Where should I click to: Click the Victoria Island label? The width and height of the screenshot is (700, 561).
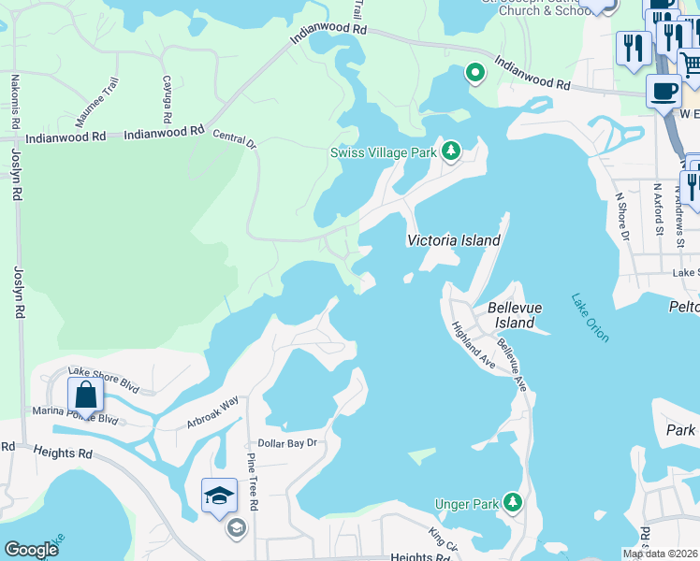[x=453, y=240]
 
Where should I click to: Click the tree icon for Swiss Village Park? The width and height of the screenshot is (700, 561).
[x=451, y=151]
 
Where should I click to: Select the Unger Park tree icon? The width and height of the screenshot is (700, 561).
[x=512, y=504]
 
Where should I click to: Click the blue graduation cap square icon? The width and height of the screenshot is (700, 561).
[x=219, y=495]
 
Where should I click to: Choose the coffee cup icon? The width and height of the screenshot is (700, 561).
[x=664, y=92]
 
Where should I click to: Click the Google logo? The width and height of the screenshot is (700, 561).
[x=31, y=550]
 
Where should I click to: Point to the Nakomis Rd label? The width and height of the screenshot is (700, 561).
[x=15, y=103]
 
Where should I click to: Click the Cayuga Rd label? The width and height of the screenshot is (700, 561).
[x=168, y=100]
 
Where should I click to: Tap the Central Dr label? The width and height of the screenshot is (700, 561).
[x=234, y=139]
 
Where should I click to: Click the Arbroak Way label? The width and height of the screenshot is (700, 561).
[x=212, y=412]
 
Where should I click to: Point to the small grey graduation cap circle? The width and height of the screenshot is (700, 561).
[x=236, y=528]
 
